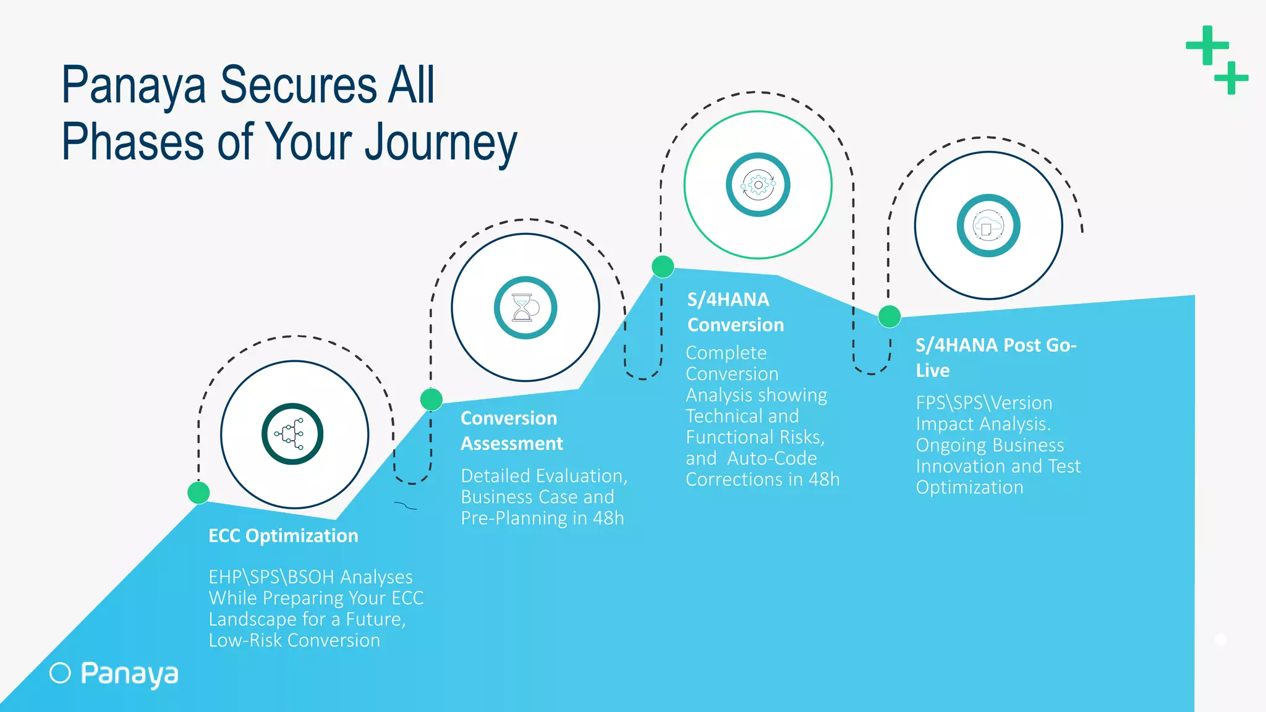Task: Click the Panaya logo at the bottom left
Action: point(114,674)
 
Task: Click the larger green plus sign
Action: point(1207,45)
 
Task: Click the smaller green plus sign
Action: point(1231,78)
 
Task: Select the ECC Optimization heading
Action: point(283,535)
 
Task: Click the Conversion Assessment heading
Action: point(511,431)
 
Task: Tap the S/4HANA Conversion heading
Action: point(735,312)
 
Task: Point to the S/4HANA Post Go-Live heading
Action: point(995,357)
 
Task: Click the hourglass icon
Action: point(525,307)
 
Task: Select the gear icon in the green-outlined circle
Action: point(758,185)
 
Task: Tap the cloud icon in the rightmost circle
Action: point(988,226)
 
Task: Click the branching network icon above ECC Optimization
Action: point(292,434)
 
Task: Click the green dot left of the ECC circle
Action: point(198,493)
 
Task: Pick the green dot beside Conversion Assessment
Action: point(431,399)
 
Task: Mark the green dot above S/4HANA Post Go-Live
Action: point(889,316)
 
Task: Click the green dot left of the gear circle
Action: point(663,267)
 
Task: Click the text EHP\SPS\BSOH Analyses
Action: point(310,577)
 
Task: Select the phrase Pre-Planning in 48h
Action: point(542,518)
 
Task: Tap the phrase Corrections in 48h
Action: point(762,480)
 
